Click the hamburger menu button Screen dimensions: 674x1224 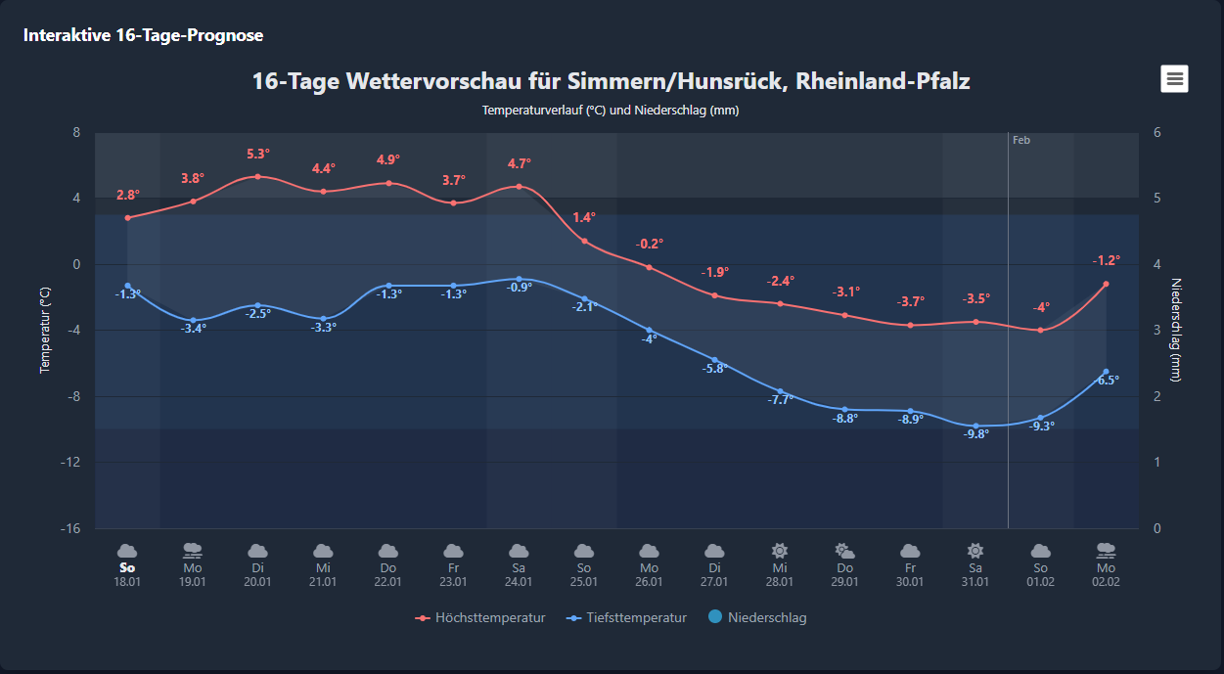point(1174,79)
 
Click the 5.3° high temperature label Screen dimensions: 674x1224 point(258,154)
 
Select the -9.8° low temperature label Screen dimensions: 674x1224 point(976,433)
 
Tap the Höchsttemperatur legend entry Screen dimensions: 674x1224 point(480,617)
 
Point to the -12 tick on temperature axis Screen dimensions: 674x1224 point(68,462)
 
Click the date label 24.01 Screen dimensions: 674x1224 point(519,582)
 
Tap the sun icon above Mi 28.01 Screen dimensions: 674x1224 point(780,551)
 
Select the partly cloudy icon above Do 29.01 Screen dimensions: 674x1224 point(844,551)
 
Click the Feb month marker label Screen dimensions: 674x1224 point(1021,140)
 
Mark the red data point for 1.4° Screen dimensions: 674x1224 point(584,241)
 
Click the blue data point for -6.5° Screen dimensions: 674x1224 point(1106,372)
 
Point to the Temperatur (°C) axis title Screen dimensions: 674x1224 point(45,330)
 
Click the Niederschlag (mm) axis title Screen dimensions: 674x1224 point(1177,330)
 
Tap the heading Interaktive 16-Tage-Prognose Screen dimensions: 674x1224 point(143,35)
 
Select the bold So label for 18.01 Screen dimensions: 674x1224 point(126,567)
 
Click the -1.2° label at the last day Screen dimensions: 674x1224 point(1107,260)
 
